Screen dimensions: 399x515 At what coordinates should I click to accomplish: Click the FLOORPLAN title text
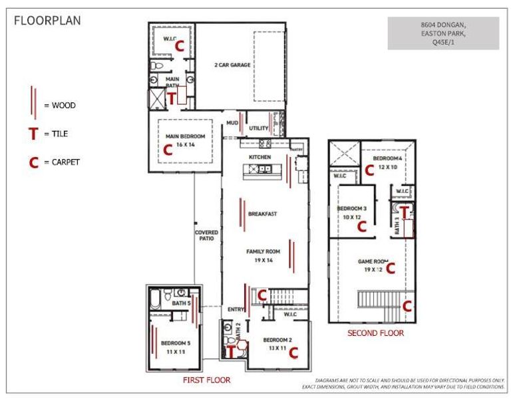point(48,21)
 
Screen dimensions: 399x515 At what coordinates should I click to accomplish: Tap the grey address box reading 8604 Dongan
point(443,33)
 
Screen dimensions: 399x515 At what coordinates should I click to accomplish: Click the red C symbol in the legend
point(33,162)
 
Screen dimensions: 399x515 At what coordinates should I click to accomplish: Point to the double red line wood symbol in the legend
point(34,104)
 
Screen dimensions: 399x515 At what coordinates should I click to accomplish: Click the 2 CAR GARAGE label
point(232,65)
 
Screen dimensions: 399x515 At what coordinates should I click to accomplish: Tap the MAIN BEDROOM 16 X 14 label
point(184,140)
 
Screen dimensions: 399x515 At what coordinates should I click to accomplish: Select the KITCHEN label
point(259,157)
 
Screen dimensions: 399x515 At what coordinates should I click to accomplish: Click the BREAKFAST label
point(262,214)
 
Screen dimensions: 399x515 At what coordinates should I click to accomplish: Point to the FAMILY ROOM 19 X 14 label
point(263,255)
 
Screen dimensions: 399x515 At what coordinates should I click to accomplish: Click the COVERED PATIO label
point(206,235)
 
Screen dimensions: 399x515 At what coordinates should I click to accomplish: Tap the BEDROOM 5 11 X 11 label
point(176,346)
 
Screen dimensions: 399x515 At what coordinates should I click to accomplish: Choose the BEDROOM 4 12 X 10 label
point(387,163)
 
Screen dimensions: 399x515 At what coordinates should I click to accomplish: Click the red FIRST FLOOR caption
point(206,380)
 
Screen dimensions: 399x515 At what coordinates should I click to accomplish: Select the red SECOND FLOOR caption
point(375,333)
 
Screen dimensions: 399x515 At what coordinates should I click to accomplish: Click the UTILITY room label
point(258,128)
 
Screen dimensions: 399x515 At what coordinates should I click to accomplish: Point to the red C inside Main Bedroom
point(168,151)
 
